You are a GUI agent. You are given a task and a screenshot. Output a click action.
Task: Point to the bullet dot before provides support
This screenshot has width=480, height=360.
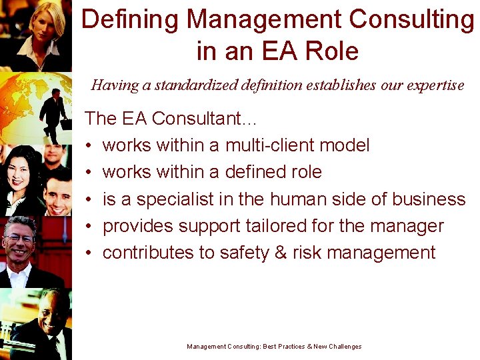tap(89, 227)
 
